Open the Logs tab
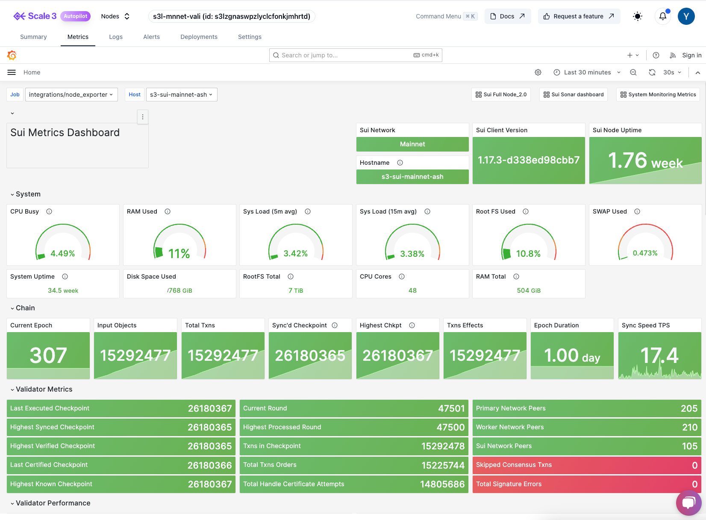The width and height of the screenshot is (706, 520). [115, 37]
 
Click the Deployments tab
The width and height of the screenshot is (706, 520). [199, 37]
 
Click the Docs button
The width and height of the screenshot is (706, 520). [507, 16]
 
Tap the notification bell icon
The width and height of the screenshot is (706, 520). [662, 16]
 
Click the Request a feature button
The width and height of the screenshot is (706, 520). [579, 16]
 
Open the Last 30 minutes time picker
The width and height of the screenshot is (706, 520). [587, 72]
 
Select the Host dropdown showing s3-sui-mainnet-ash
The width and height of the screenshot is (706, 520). [182, 95]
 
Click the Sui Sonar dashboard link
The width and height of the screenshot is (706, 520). [574, 95]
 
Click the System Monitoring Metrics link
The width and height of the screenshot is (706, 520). [658, 95]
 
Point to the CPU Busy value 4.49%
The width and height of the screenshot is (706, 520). [63, 253]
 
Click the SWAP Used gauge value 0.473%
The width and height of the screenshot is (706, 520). [645, 253]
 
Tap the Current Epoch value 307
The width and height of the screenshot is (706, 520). [48, 355]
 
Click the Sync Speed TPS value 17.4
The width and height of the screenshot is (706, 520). [659, 355]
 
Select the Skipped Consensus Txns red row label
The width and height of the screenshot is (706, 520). [514, 465]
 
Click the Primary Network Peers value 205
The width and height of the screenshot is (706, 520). [689, 408]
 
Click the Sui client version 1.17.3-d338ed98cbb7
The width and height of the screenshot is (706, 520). [529, 160]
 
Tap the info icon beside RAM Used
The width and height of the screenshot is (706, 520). [168, 211]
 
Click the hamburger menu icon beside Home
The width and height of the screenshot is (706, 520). [12, 72]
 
